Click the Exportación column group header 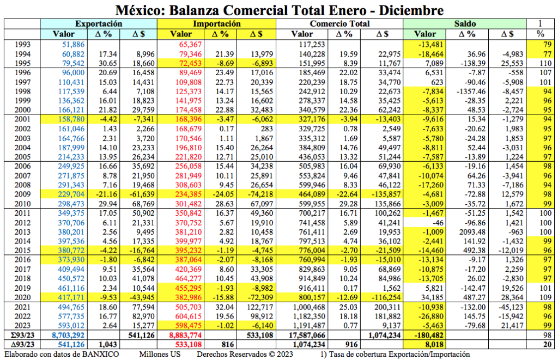pyautogui.click(x=99, y=24)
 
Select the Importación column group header pyautogui.click(x=216, y=24)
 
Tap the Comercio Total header pyautogui.click(x=339, y=24)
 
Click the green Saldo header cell pyautogui.click(x=465, y=24)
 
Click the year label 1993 pyautogui.click(x=22, y=44)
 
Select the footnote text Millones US pyautogui.click(x=160, y=354)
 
